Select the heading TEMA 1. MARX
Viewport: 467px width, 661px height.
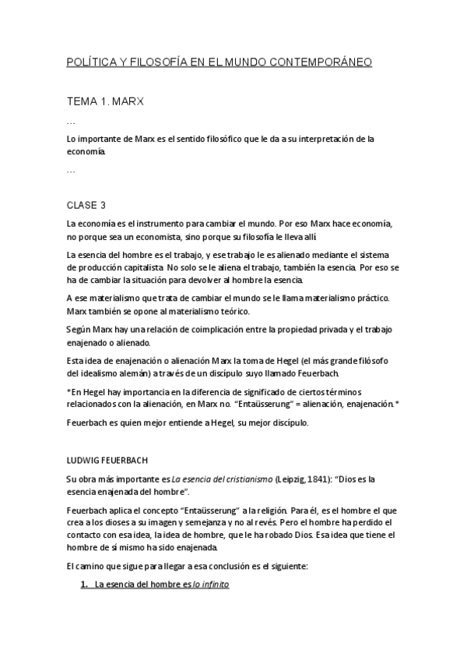105,101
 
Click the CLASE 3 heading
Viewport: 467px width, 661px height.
86,206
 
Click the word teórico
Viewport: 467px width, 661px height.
250,311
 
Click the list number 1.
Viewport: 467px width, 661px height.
84,584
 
